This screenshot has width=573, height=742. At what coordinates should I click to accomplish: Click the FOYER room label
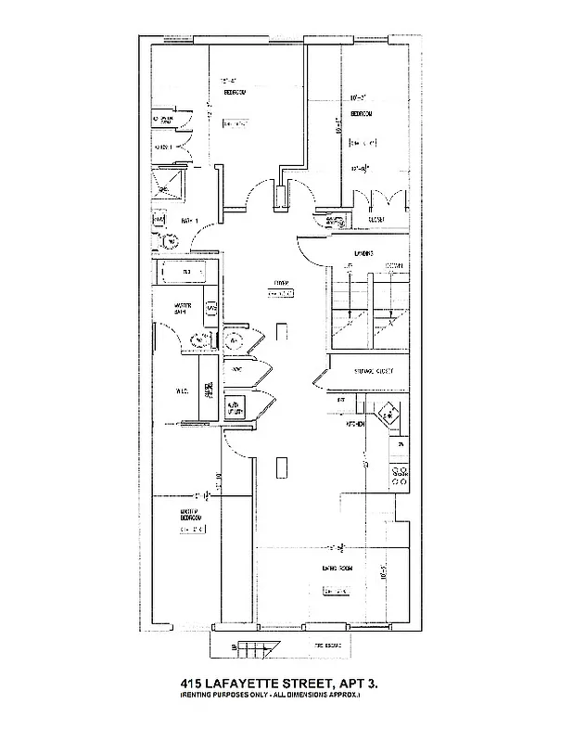277,284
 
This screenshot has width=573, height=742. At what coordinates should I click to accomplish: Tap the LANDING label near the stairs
363,252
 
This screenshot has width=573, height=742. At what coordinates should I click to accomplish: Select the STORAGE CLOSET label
373,371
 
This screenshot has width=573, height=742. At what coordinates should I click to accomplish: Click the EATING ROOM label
337,569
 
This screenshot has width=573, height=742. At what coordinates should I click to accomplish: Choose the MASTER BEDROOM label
191,513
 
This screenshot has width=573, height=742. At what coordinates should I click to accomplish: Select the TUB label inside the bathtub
186,272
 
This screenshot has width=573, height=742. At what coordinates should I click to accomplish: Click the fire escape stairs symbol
249,646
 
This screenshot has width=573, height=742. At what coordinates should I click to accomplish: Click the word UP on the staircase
350,266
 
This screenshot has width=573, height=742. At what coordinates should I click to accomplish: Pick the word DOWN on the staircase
393,266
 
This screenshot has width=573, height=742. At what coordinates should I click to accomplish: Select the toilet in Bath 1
170,241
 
